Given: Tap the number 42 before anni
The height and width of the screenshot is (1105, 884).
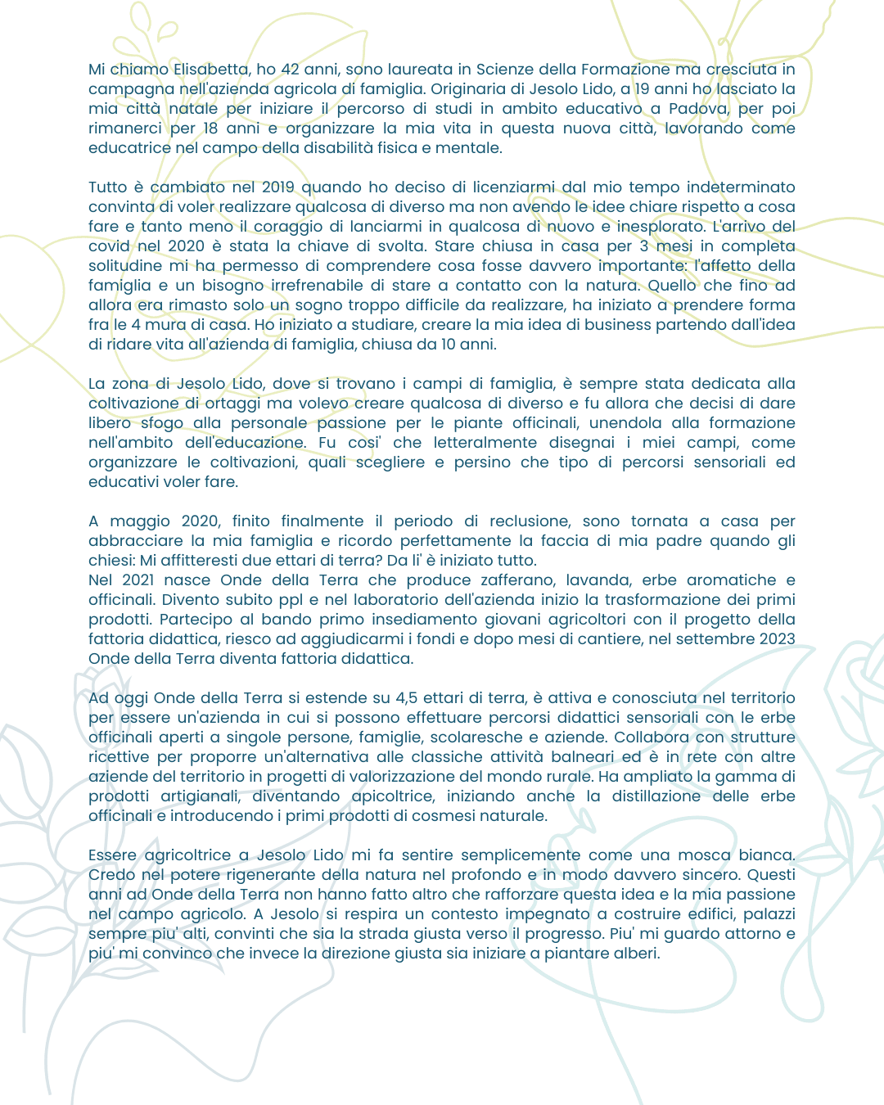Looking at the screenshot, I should coord(290,70).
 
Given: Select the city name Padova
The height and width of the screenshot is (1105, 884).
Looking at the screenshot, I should coord(698,109).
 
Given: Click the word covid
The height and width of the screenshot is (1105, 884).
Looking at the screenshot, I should coord(109,246).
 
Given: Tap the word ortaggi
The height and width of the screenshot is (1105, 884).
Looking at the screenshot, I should coord(233,404).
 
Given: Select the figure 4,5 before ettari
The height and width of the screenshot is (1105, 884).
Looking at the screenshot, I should coord(409,698).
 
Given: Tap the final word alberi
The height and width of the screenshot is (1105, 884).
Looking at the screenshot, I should coord(636,954).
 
